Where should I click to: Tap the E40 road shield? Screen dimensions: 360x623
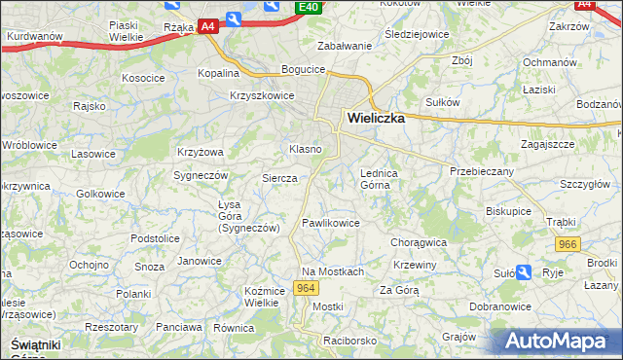(309, 8)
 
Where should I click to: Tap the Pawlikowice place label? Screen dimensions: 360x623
(330, 223)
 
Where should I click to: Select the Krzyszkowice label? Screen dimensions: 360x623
(262, 95)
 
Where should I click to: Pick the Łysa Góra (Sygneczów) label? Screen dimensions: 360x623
(248, 216)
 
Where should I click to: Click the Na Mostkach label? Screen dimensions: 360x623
(332, 271)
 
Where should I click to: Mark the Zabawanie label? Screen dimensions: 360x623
(346, 46)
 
